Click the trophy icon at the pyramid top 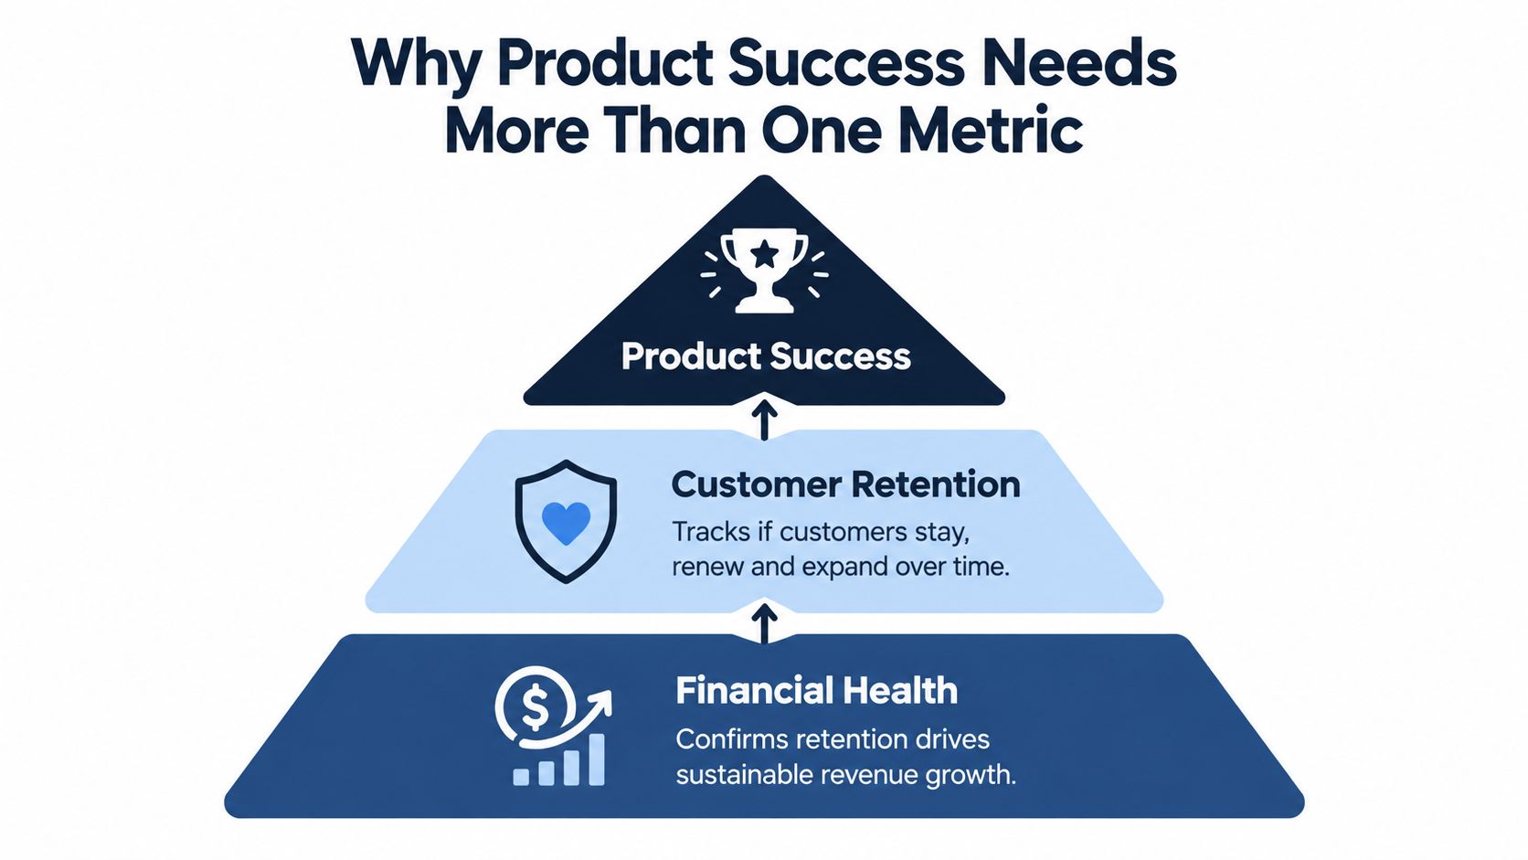[764, 271]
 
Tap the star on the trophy [764, 254]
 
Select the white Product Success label [765, 356]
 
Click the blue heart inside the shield [566, 523]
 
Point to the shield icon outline [515, 522]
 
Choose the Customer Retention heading [846, 485]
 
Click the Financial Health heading [816, 690]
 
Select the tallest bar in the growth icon [596, 759]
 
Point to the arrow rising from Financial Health [764, 623]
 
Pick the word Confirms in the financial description [731, 739]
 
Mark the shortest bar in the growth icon [521, 778]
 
